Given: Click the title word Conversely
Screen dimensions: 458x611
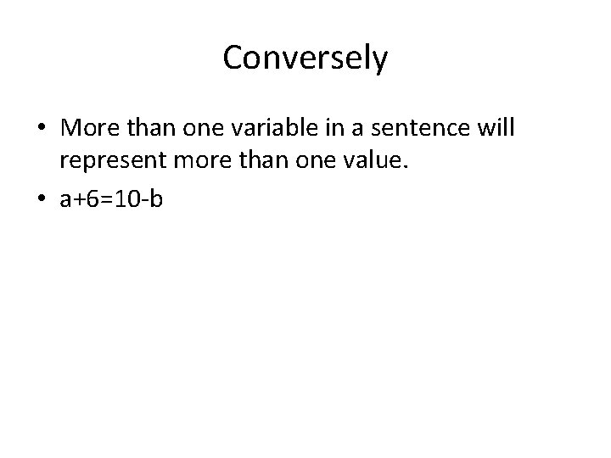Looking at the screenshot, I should pos(305,59).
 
